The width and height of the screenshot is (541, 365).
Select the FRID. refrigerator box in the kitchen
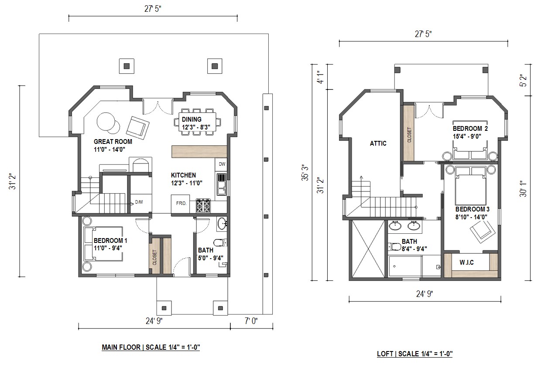click(181, 204)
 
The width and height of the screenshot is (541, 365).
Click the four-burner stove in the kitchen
click(203, 206)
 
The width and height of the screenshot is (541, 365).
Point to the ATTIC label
click(378, 143)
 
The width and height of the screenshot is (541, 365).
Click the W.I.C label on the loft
click(467, 263)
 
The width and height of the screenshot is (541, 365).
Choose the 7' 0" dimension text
click(251, 321)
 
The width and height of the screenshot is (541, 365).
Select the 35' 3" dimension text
click(305, 173)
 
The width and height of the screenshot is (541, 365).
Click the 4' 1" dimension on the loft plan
click(321, 77)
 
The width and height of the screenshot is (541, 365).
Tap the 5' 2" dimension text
click(524, 80)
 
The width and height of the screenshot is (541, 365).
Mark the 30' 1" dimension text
click(523, 188)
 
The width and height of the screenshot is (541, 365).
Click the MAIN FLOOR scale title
click(151, 348)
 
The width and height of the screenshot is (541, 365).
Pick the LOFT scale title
click(414, 354)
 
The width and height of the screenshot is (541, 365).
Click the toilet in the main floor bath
click(220, 242)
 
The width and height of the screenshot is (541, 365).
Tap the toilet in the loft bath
click(394, 247)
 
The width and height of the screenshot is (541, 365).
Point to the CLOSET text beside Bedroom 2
click(409, 135)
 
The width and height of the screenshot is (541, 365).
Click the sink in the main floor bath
click(222, 224)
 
